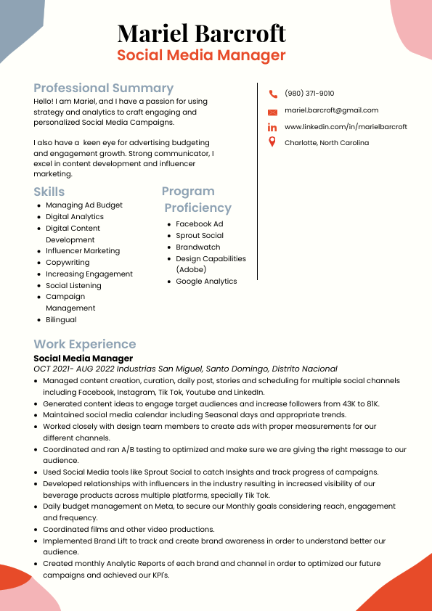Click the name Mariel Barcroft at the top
click(201, 33)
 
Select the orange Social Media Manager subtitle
click(201, 56)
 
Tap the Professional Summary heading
click(103, 88)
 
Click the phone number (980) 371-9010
click(309, 94)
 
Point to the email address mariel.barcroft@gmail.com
click(331, 110)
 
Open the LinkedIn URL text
click(346, 127)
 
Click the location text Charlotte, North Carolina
click(326, 143)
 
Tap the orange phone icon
click(273, 94)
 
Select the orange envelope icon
click(273, 112)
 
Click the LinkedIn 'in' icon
click(273, 127)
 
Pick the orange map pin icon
click(272, 142)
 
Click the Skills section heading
click(49, 192)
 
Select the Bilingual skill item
click(61, 320)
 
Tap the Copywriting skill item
click(68, 263)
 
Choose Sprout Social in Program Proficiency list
click(200, 236)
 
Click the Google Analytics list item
click(206, 282)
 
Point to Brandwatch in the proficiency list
click(197, 247)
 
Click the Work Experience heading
click(84, 344)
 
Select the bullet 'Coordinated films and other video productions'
click(129, 530)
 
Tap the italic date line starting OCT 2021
click(185, 369)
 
